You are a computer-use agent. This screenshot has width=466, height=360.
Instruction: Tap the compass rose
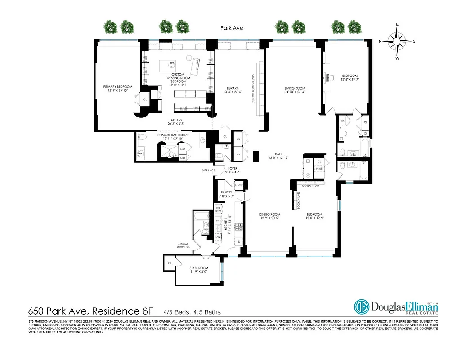click(x=397, y=41)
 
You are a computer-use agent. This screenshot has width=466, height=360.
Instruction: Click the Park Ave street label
click(x=232, y=28)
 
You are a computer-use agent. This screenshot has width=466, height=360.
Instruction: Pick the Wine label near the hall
click(x=319, y=169)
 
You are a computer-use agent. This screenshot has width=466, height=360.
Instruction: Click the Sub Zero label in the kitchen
click(x=218, y=209)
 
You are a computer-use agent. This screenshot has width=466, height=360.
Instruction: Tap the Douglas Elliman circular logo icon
click(x=361, y=307)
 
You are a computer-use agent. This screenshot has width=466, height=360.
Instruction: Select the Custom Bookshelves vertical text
click(x=253, y=89)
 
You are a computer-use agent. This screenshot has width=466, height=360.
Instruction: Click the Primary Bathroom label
click(x=173, y=135)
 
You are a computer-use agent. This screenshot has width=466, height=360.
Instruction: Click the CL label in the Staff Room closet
click(x=170, y=263)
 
